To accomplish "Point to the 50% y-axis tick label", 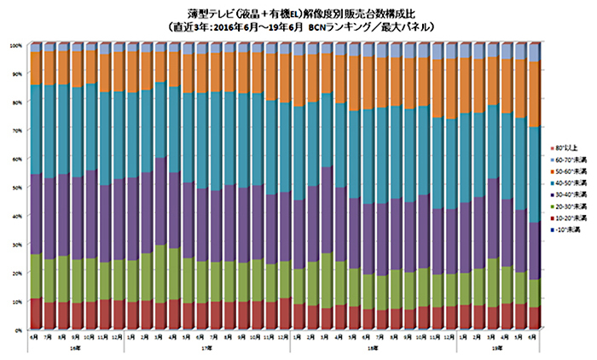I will pos(17,187).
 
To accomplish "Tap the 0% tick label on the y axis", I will pos(19,329).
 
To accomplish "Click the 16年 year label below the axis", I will pos(76,348).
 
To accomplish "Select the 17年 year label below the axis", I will pos(207,348).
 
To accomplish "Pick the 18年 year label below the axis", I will pos(373,348).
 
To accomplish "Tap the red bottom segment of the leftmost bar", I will pos(35,313).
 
